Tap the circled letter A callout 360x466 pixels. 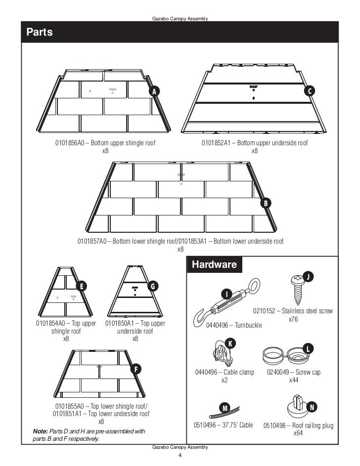coord(155,92)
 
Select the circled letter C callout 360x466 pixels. coord(310,91)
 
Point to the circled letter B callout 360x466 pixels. coord(266,203)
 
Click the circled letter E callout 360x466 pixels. coord(80,286)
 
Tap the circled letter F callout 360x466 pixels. coord(136,369)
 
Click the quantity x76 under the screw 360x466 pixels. coord(293,319)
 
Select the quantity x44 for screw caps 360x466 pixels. coord(294,380)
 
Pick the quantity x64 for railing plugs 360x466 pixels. coord(298,433)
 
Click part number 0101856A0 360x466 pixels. coord(71,143)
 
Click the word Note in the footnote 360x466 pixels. coord(40,431)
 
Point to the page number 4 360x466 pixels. coord(180,455)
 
